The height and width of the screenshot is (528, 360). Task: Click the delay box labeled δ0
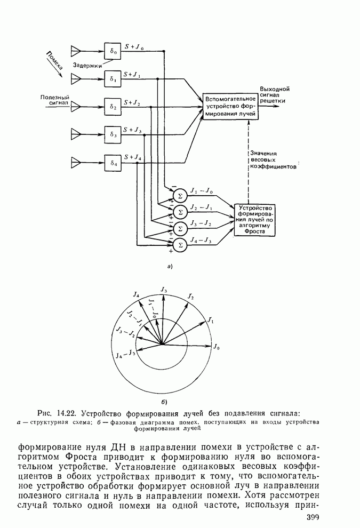[x=113, y=51]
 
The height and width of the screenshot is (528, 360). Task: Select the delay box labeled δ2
[x=113, y=107]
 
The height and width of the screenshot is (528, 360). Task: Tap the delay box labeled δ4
[x=113, y=162]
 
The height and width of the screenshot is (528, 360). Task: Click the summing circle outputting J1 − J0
[x=180, y=195]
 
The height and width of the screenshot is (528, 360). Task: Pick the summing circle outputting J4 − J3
[x=180, y=245]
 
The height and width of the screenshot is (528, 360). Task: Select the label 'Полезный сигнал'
[x=55, y=101]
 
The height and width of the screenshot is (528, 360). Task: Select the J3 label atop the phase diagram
[x=164, y=290]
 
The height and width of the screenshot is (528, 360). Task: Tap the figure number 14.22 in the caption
[x=68, y=413]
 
